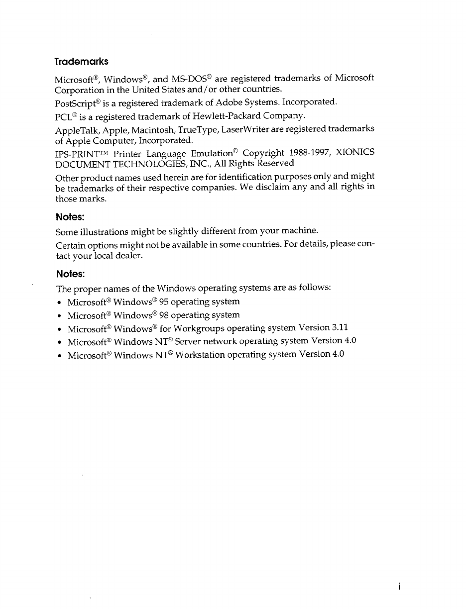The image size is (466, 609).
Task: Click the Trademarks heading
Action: tap(81, 62)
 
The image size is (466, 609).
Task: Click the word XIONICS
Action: tap(355, 153)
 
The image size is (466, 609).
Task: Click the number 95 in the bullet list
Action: tap(164, 302)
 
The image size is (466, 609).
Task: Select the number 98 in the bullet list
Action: tap(164, 315)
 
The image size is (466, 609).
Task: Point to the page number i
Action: tap(400, 587)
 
